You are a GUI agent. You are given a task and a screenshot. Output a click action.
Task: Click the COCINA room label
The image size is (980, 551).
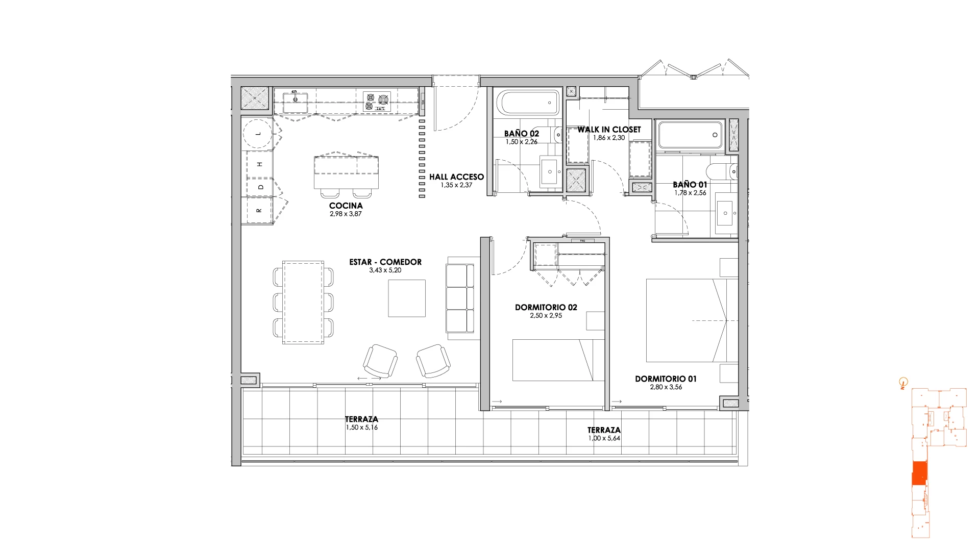click(x=346, y=206)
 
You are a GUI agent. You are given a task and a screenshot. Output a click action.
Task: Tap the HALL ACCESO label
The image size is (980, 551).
click(x=456, y=177)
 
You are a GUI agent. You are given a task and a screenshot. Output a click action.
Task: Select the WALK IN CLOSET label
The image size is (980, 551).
click(x=609, y=130)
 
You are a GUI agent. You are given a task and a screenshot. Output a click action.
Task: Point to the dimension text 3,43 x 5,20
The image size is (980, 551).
click(x=385, y=270)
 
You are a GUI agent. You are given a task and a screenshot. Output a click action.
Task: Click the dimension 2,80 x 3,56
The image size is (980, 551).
click(x=666, y=387)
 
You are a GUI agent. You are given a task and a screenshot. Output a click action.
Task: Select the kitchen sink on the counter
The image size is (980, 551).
click(x=296, y=102)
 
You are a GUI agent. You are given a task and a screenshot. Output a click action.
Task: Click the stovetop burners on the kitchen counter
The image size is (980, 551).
click(x=377, y=102)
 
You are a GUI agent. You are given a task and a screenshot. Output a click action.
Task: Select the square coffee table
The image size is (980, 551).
click(x=407, y=298)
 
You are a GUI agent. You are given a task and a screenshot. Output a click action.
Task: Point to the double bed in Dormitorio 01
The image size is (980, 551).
click(x=692, y=320)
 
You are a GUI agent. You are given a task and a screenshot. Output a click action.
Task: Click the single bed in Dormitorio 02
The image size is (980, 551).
click(x=559, y=360)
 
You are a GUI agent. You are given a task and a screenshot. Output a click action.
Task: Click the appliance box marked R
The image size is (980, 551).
click(x=259, y=210)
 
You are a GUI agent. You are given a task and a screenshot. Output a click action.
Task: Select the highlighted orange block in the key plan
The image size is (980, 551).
click(x=919, y=473)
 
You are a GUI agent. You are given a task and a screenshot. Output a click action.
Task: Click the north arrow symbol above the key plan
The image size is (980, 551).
click(x=903, y=382)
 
